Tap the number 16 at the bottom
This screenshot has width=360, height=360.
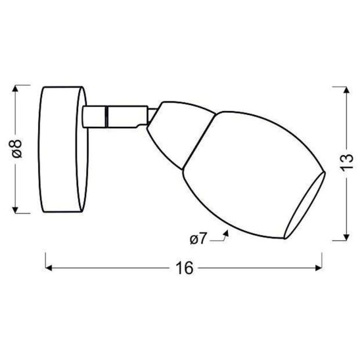185,269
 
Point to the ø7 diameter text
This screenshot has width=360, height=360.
198,239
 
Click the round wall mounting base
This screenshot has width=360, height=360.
64,149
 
